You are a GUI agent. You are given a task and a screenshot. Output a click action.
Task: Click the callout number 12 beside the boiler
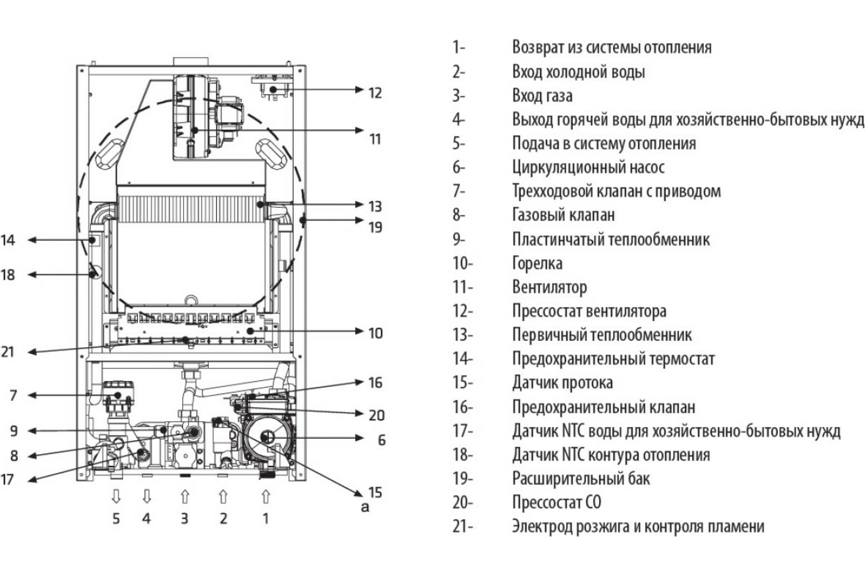click(x=375, y=93)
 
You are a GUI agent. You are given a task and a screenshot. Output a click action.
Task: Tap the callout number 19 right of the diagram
click(x=375, y=228)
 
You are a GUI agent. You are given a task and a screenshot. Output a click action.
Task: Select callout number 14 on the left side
click(x=8, y=240)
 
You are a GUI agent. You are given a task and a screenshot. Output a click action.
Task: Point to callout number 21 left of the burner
click(x=8, y=352)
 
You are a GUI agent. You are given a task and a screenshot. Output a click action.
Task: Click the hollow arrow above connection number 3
click(x=185, y=497)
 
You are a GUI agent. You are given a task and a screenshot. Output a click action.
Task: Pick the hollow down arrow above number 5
click(x=116, y=497)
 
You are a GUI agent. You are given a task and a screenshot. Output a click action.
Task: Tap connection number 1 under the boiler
click(x=266, y=519)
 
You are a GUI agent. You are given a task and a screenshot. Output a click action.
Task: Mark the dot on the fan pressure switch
click(x=272, y=89)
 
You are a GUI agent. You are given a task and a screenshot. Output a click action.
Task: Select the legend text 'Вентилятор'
click(x=549, y=287)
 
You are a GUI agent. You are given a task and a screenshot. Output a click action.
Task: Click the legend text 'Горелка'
click(x=537, y=264)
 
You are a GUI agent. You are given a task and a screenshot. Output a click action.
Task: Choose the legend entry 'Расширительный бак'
click(x=581, y=479)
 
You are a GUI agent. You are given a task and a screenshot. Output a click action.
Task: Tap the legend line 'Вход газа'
click(x=542, y=96)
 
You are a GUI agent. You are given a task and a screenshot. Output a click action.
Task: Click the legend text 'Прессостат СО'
click(x=557, y=503)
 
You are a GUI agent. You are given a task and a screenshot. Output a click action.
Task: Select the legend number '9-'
click(x=459, y=239)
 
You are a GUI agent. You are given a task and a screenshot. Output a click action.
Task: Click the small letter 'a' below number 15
click(x=365, y=507)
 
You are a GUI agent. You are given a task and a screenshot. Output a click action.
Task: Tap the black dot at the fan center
click(x=195, y=130)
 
